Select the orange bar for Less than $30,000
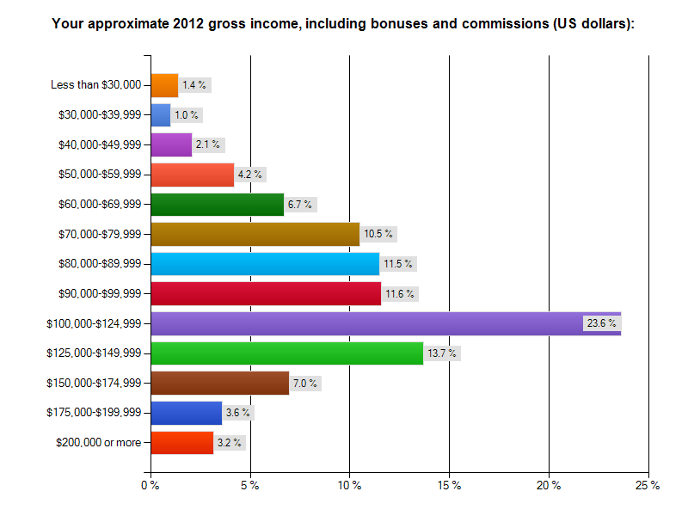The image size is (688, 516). pyautogui.click(x=164, y=85)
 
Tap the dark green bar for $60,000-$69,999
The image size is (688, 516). pyautogui.click(x=217, y=204)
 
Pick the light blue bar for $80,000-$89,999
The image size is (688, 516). pyautogui.click(x=265, y=263)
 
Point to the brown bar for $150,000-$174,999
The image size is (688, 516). pyautogui.click(x=220, y=383)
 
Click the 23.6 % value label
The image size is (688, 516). pyautogui.click(x=601, y=323)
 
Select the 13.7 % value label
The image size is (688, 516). pyautogui.click(x=442, y=353)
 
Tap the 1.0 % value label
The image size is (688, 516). pyautogui.click(x=187, y=114)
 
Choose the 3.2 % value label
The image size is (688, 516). pyautogui.click(x=230, y=443)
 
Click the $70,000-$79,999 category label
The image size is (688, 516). pyautogui.click(x=99, y=234)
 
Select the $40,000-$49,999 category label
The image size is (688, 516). pyautogui.click(x=99, y=144)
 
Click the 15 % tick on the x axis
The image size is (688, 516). pyautogui.click(x=449, y=486)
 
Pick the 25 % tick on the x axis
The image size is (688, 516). pyautogui.click(x=648, y=486)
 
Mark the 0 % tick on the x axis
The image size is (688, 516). pyautogui.click(x=150, y=486)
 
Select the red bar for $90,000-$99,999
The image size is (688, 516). pyautogui.click(x=266, y=293)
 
